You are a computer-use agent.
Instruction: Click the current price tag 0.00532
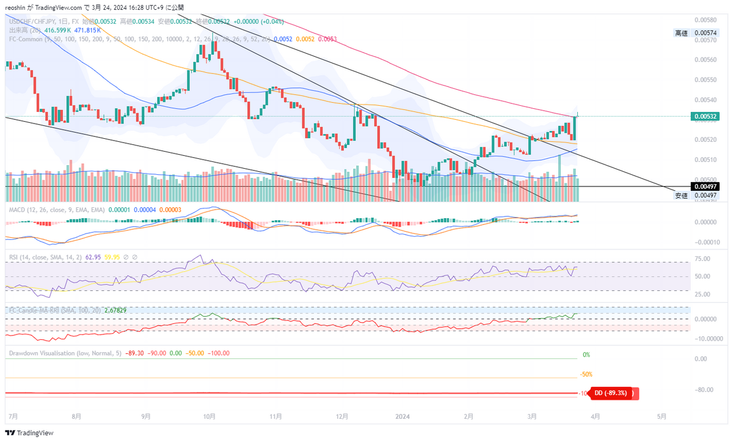tap(705, 116)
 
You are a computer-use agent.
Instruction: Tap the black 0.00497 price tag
tap(705, 186)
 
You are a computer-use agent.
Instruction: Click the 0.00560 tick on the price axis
tap(705, 60)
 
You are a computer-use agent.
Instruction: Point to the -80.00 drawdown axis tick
tap(705, 389)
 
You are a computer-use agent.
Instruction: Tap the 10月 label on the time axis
tap(209, 416)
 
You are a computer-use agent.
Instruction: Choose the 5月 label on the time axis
tap(661, 416)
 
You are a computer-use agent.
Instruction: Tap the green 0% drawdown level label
tap(586, 355)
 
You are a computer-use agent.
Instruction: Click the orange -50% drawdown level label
tap(586, 374)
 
